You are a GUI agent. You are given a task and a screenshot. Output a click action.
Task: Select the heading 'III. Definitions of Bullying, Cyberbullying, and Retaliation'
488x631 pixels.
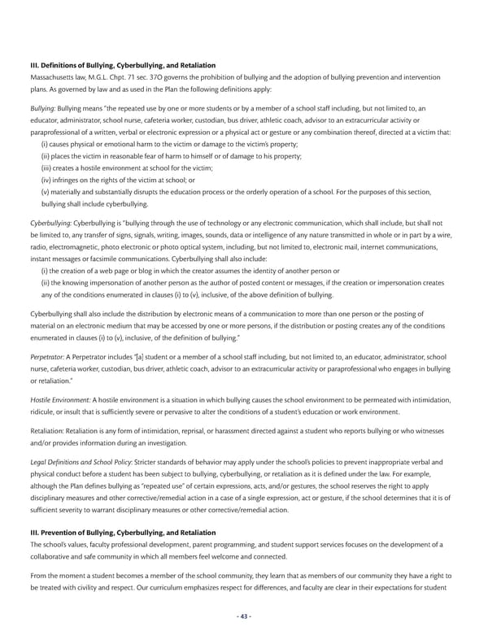(122, 64)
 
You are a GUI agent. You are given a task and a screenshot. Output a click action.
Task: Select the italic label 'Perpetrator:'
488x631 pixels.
(48, 355)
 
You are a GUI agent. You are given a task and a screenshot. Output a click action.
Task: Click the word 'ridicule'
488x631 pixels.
(44, 413)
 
